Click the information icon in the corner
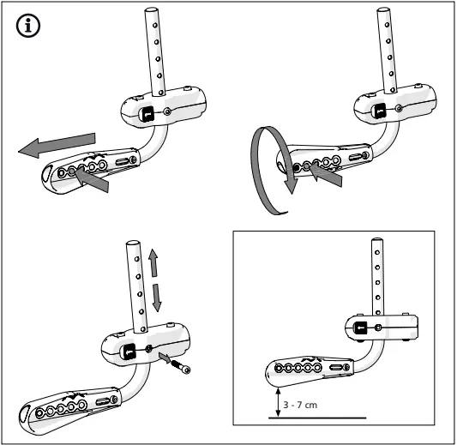[x=28, y=27]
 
